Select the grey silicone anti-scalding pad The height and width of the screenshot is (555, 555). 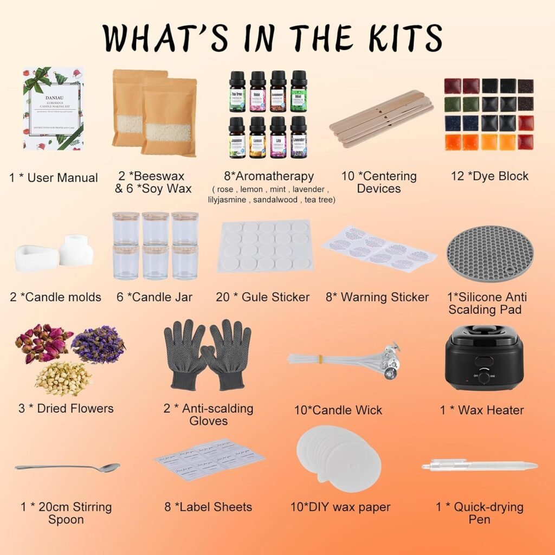click(x=489, y=253)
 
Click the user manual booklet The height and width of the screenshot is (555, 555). click(x=53, y=108)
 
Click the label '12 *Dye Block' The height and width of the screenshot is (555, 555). click(x=489, y=176)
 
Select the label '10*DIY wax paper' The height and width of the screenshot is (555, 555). click(x=340, y=507)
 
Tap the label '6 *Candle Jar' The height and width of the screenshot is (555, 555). click(x=156, y=297)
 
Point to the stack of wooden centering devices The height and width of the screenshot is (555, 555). click(x=381, y=118)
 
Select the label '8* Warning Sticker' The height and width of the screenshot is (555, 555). click(x=377, y=297)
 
